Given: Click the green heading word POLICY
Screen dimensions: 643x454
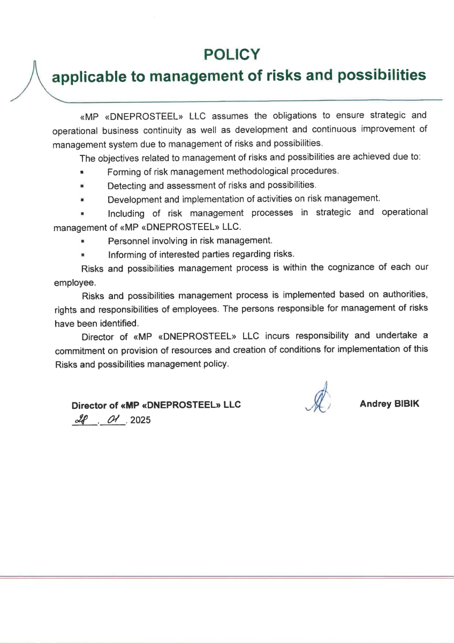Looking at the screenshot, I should click(x=232, y=54).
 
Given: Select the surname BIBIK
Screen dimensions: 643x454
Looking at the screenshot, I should click(x=407, y=403).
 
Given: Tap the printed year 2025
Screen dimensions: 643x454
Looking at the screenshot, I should click(x=140, y=420).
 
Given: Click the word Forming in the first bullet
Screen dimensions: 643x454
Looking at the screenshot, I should click(x=123, y=171).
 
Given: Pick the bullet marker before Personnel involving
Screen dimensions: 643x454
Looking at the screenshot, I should click(x=83, y=241).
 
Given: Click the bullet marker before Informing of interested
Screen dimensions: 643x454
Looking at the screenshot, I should click(x=83, y=255).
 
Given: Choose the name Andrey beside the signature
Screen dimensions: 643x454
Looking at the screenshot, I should click(x=375, y=403).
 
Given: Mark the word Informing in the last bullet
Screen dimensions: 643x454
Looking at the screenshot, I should click(x=127, y=254).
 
